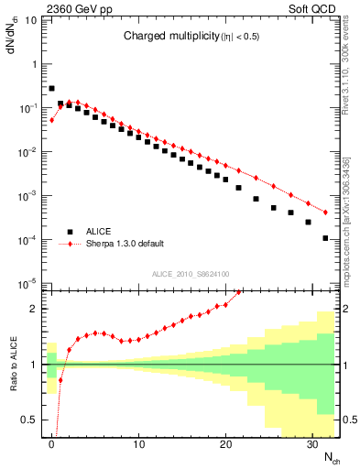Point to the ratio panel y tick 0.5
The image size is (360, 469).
pos(32,420)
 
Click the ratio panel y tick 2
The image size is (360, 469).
pos(36,309)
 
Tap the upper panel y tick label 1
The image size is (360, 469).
pos(36,64)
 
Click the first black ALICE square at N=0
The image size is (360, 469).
pos(52,89)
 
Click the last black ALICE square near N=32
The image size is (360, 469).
pos(326,238)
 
